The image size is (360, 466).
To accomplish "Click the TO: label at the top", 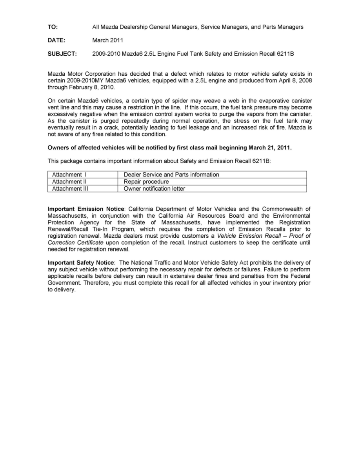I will coord(53,27).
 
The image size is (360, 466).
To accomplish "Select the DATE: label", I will coord(56,40).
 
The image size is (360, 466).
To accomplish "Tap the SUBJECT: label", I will coord(62,53).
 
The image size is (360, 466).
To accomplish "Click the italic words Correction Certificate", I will coord(75,243).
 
